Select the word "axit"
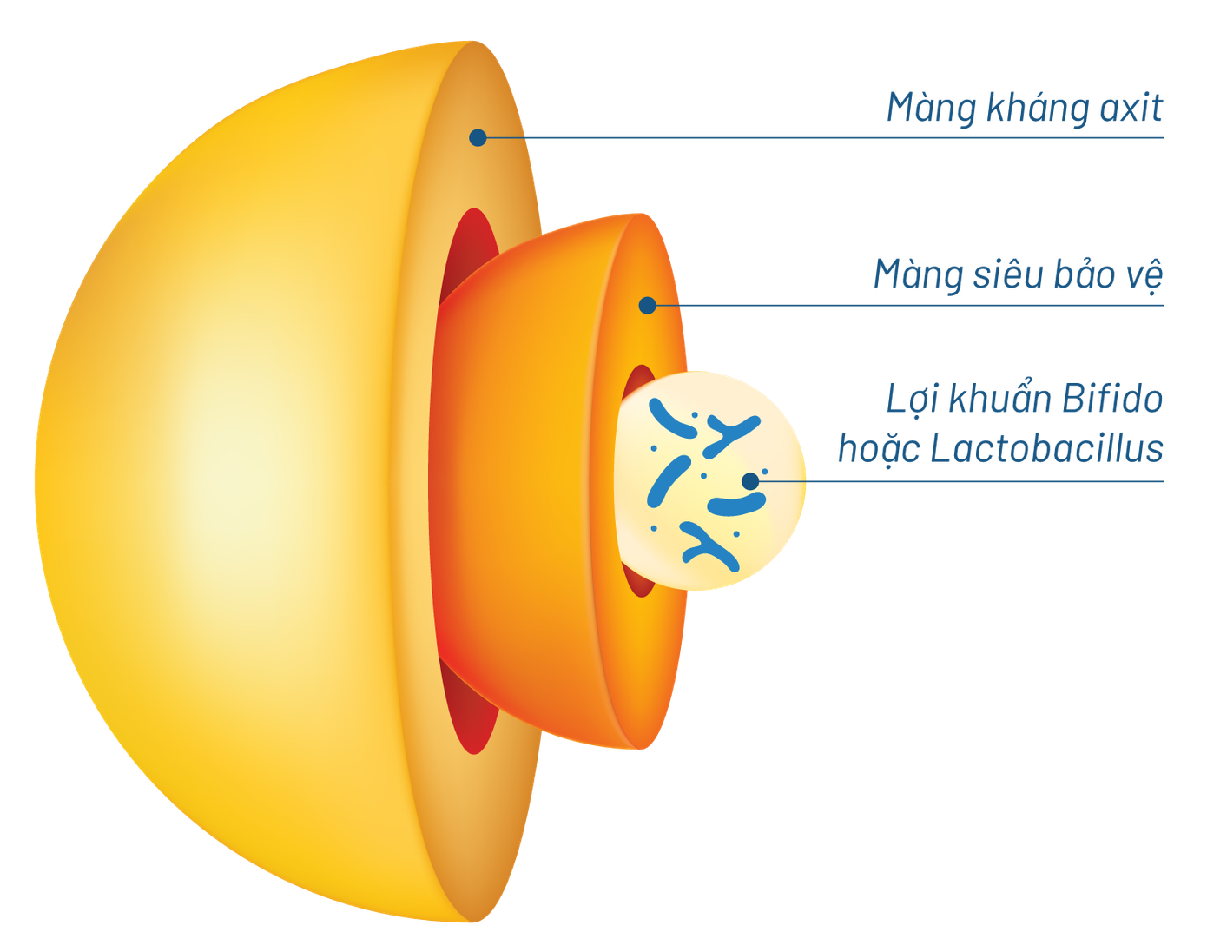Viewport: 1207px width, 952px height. [x=1130, y=108]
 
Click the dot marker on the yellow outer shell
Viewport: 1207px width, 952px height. [x=478, y=137]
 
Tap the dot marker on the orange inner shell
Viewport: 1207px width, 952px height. [x=647, y=305]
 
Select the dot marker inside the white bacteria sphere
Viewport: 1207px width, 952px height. [x=749, y=480]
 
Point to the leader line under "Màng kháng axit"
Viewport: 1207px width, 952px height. [x=825, y=137]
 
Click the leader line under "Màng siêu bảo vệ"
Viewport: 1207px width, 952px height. [x=912, y=305]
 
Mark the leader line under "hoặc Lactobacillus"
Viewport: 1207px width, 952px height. [x=955, y=480]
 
